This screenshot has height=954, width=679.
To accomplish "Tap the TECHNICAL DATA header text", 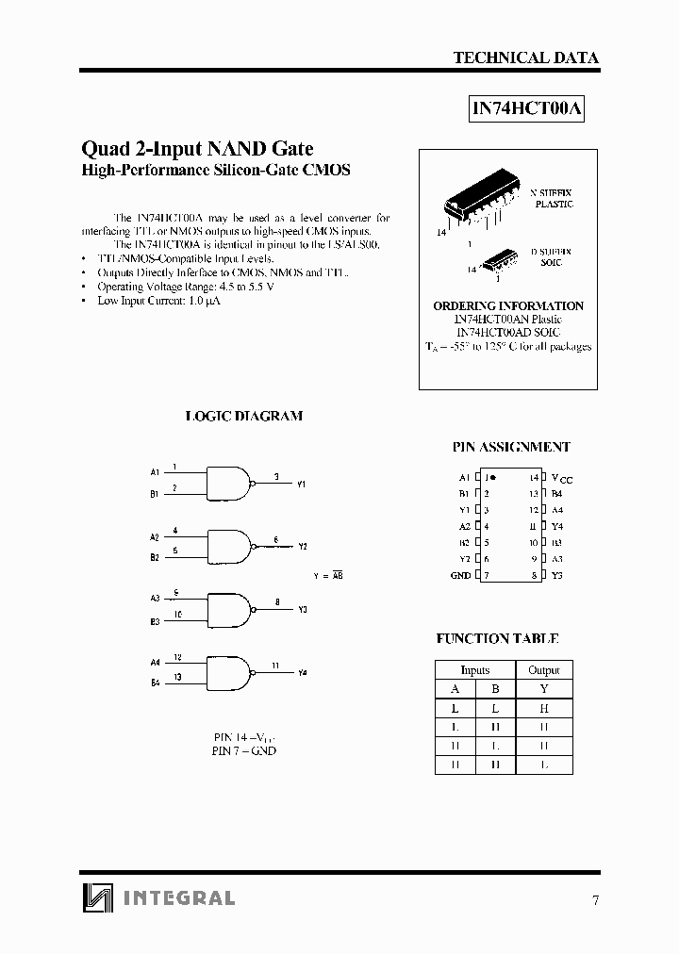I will click(525, 58).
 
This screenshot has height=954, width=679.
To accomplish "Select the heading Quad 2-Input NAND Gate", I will click(197, 148).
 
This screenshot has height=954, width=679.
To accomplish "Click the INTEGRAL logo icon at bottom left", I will click(95, 896).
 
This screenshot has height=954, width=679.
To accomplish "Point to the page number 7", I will click(595, 900).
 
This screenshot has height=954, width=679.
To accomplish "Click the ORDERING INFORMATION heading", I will click(508, 306).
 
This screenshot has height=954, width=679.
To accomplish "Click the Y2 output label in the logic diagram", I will click(303, 547).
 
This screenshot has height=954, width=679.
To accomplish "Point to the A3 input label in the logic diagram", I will click(155, 598).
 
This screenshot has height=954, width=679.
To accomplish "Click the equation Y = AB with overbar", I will click(327, 574).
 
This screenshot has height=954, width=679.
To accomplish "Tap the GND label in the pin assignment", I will click(460, 576).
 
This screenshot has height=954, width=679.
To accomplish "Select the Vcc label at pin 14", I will click(561, 479).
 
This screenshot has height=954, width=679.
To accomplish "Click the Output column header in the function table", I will click(544, 670).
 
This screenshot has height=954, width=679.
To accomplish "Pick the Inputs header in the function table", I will click(474, 670).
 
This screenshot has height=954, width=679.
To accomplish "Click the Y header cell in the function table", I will click(544, 689).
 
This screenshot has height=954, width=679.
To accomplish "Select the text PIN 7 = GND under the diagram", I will click(244, 751).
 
